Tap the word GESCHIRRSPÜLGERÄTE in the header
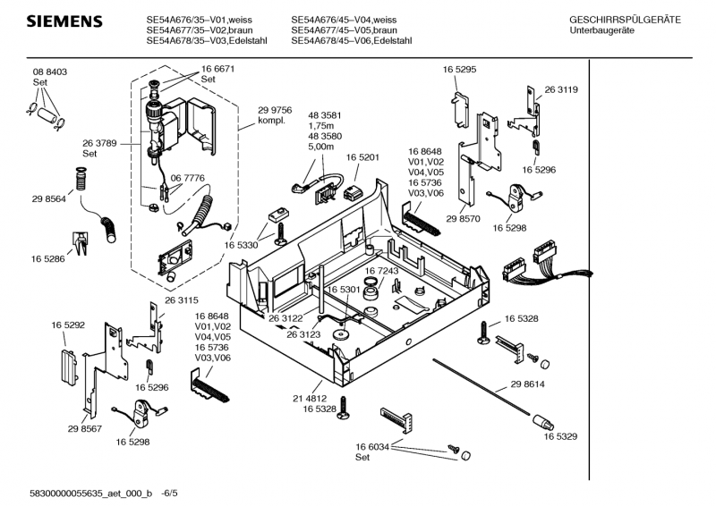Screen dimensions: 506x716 [x=625, y=20]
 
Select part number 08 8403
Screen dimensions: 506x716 [x=50, y=72]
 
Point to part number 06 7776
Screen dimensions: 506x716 [x=187, y=179]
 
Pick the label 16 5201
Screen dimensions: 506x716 [x=362, y=157]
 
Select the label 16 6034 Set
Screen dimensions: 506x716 [x=371, y=451]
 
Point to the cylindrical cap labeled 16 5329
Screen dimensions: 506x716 [x=542, y=421]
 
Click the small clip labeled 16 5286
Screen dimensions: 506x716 [x=78, y=239]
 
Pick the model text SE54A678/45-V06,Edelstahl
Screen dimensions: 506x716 [x=351, y=40]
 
